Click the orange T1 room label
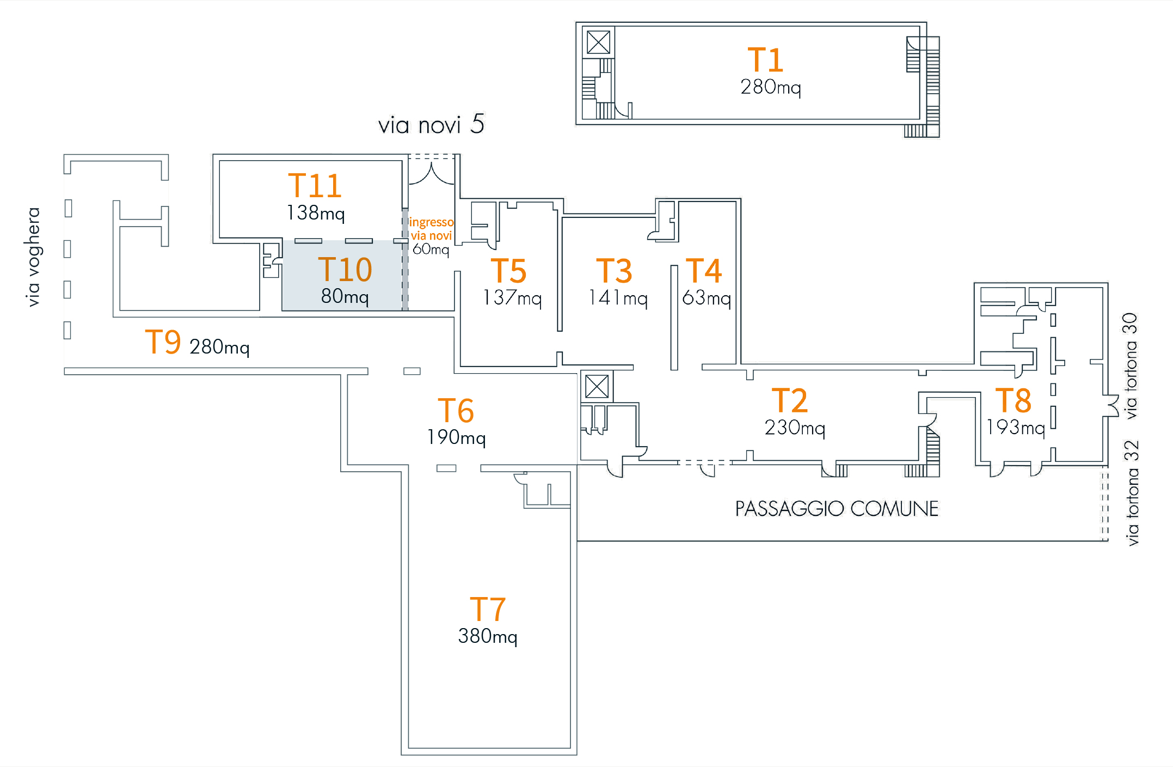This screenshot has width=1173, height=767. [x=765, y=60]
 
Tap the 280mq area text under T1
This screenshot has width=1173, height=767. [x=770, y=87]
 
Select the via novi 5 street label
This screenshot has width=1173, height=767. [x=431, y=125]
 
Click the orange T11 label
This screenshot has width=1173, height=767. [x=315, y=186]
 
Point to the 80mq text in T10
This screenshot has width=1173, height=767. [x=345, y=297]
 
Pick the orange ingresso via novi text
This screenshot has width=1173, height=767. [x=431, y=229]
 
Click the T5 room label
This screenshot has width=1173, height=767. [x=508, y=271]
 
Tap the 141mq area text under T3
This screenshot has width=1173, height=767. [x=618, y=298]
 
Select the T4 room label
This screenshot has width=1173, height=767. [x=703, y=271]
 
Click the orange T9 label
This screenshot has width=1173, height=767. [x=163, y=342]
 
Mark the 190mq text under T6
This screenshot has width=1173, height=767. [x=456, y=437]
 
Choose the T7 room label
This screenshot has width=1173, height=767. [x=488, y=609]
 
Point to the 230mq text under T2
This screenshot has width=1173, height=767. [x=795, y=428]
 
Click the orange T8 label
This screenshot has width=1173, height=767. [x=1013, y=401]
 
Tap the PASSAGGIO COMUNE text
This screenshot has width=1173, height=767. [x=837, y=509]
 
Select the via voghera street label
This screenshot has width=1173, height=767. [x=34, y=257]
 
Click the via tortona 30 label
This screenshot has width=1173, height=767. [x=1131, y=366]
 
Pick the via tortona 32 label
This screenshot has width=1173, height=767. [x=1132, y=493]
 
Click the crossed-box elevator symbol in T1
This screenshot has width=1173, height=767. [x=598, y=42]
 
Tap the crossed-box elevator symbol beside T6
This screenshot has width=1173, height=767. [x=597, y=387]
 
